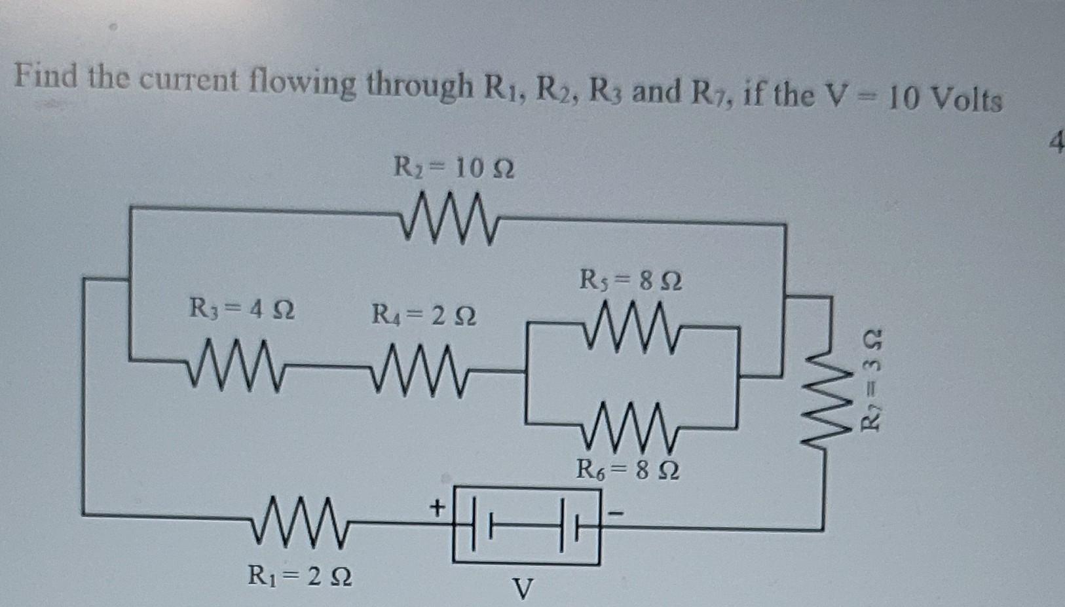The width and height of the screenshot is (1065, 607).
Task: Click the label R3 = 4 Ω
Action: point(242,308)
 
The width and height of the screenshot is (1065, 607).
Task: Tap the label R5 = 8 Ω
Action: point(631,282)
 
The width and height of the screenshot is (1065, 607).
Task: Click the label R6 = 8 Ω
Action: point(627,469)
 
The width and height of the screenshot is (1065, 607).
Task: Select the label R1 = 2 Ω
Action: point(300,576)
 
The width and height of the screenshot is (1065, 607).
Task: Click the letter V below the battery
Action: point(522,589)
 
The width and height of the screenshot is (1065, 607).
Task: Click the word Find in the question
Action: point(48,77)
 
